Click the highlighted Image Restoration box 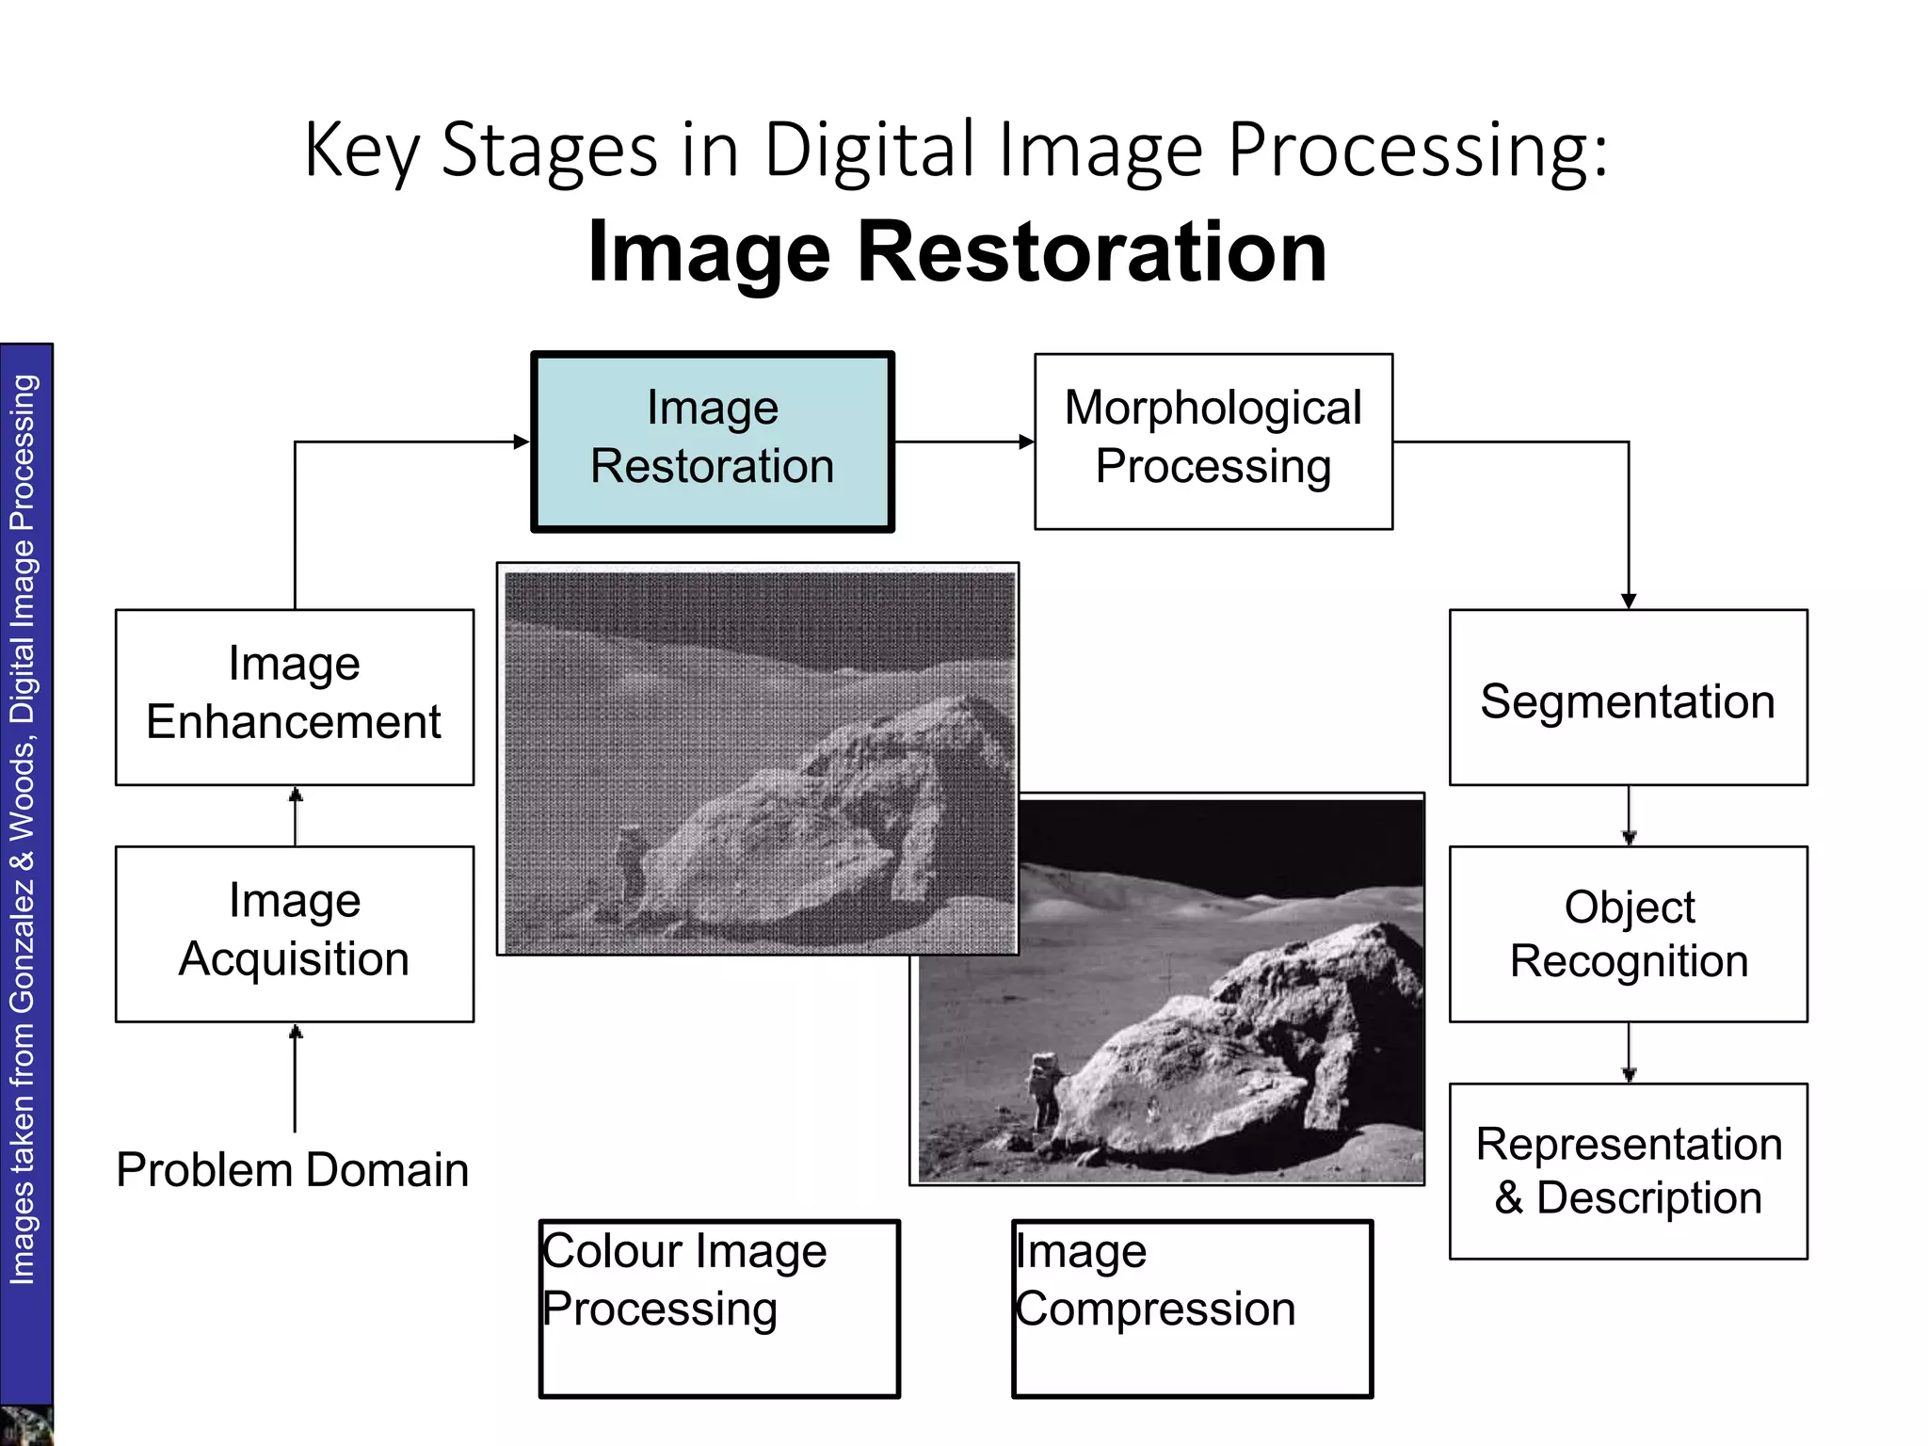(x=713, y=442)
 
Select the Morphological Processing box (x=1213, y=442)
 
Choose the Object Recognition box (x=1628, y=934)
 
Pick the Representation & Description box (x=1628, y=1171)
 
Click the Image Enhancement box (x=295, y=698)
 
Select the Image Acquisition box (x=295, y=934)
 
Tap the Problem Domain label (x=293, y=1170)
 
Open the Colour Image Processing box (x=719, y=1309)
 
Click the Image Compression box (x=1192, y=1309)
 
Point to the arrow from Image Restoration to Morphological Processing (x=964, y=442)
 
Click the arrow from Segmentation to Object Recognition (x=1629, y=816)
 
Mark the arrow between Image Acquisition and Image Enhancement (x=295, y=816)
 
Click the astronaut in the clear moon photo (x=1043, y=1092)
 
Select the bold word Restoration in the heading (x=1092, y=252)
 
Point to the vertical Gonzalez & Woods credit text (x=23, y=828)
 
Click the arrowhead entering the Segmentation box (x=1629, y=601)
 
